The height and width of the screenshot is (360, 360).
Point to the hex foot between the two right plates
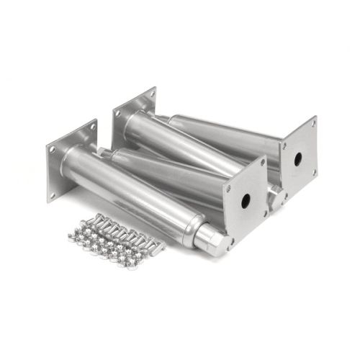(275, 195)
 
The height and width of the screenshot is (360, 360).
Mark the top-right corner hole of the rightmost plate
(312, 125)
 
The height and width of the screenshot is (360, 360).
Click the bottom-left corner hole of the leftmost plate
(52, 194)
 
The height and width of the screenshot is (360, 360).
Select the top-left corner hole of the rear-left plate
(116, 112)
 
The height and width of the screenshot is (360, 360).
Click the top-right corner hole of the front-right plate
(262, 163)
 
